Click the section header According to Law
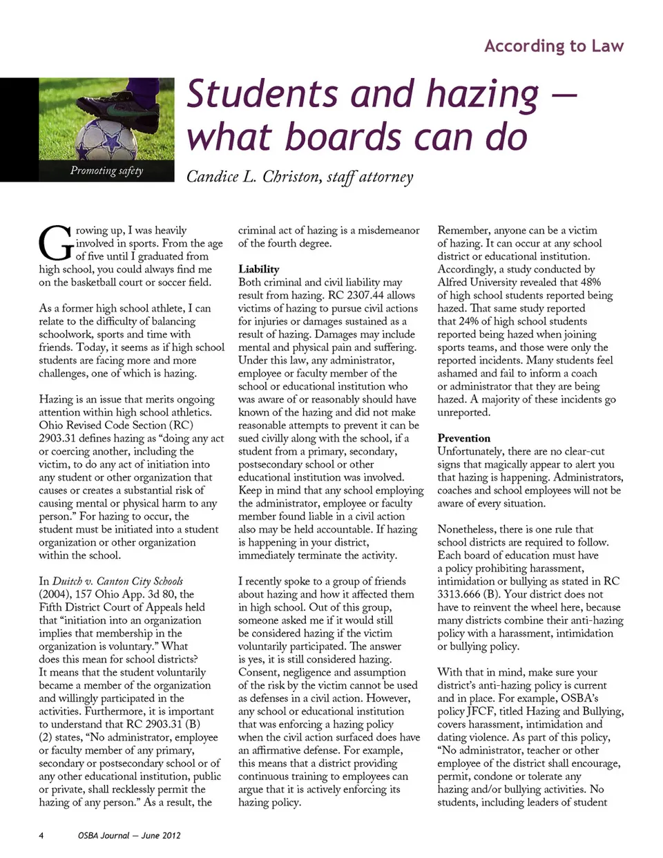554,46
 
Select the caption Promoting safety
106,171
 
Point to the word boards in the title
343,137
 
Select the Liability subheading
259,269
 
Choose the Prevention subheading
463,438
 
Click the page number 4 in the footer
41,835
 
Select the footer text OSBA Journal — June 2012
129,835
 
